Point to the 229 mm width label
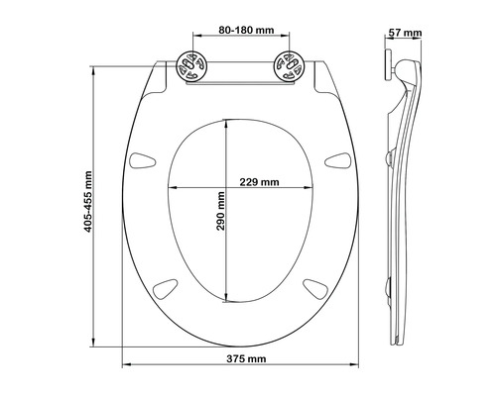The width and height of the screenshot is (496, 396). point(259,182)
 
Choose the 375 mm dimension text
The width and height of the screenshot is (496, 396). point(240,356)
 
